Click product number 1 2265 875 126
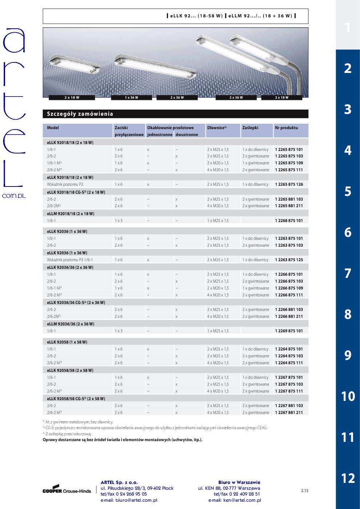coord(289,184)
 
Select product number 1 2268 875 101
coord(289,221)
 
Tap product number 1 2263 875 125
coord(289,260)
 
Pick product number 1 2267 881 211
coord(289,412)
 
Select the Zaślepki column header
coord(250,128)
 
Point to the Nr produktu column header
coord(286,128)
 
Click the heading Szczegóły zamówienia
coord(80,114)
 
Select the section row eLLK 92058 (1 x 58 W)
coord(67,342)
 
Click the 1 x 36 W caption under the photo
coord(131,98)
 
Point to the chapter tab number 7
coord(348,273)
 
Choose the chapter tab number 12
coord(348,478)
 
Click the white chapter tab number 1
coord(348,27)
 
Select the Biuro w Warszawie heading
coord(239,482)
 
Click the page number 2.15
coord(304,491)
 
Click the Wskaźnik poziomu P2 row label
coord(65,184)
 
